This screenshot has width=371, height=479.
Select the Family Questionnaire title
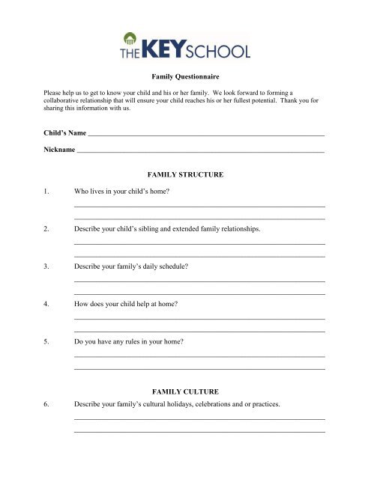[x=185, y=77]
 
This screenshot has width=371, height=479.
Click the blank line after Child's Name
[x=206, y=134]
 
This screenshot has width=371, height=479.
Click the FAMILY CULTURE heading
[x=186, y=391]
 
